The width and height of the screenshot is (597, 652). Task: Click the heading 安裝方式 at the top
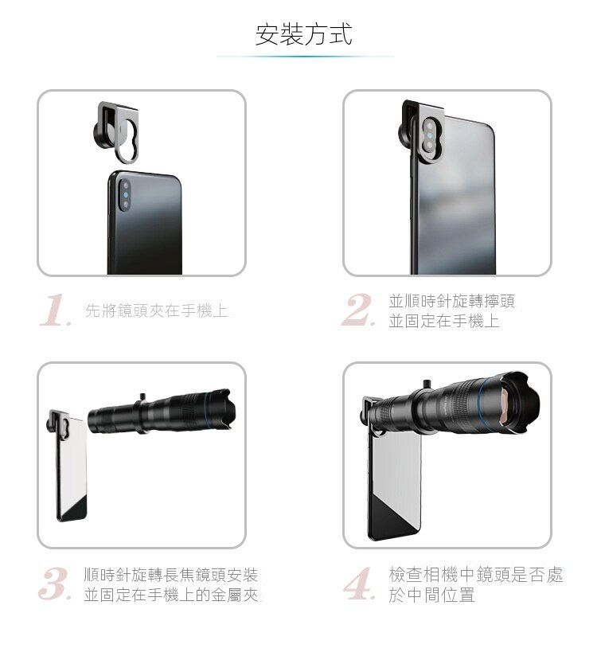(x=303, y=34)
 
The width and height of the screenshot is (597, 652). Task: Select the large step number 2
(x=358, y=310)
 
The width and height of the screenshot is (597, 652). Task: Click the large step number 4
(x=359, y=584)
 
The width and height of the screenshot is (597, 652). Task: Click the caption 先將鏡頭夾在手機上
(x=156, y=310)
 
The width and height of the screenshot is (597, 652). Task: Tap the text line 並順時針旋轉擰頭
(x=451, y=301)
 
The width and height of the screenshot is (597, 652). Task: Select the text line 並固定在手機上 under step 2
(x=443, y=321)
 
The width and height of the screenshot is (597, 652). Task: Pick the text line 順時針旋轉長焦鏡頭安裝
(x=170, y=575)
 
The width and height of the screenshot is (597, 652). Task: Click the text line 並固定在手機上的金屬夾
(x=170, y=595)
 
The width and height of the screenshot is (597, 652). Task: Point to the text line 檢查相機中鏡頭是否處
(x=475, y=575)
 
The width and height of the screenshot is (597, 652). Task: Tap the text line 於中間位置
(x=431, y=595)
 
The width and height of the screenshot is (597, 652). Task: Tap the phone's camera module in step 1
(x=124, y=194)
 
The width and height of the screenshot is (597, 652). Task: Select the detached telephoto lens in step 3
(x=162, y=412)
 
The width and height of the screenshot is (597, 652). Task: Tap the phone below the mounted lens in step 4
(x=394, y=485)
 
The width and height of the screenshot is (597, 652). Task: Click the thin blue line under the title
(x=305, y=57)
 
